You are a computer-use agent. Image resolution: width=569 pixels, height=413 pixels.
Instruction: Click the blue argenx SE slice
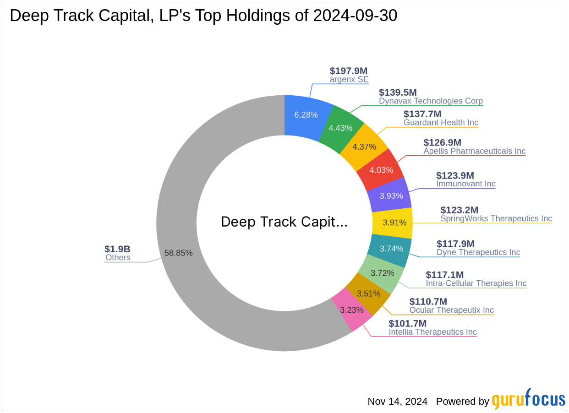306,114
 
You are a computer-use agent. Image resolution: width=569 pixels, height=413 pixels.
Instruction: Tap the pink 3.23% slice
352,310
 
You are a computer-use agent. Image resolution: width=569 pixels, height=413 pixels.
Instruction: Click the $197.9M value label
349,71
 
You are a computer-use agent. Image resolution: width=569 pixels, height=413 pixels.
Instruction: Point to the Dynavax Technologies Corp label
431,101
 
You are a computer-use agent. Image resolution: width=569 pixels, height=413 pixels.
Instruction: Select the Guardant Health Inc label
441,122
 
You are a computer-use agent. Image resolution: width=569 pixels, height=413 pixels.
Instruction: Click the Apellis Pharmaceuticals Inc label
474,151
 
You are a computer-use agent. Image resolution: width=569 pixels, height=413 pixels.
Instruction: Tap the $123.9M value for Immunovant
455,175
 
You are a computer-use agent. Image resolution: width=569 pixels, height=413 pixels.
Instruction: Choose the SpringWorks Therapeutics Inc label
496,218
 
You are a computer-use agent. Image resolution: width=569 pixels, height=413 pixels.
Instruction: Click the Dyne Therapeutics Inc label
478,252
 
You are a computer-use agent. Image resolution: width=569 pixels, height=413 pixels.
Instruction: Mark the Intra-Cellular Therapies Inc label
476,283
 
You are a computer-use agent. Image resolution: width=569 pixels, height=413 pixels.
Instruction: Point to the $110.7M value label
428,301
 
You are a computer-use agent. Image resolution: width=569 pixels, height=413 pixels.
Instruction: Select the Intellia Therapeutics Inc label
432,332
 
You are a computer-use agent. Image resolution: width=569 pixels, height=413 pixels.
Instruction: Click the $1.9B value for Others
117,249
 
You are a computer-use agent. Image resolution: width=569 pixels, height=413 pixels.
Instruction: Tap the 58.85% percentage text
178,253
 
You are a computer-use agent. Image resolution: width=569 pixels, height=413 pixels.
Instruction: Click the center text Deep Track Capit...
284,222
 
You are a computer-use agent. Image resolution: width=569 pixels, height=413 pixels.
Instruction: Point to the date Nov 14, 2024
397,402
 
